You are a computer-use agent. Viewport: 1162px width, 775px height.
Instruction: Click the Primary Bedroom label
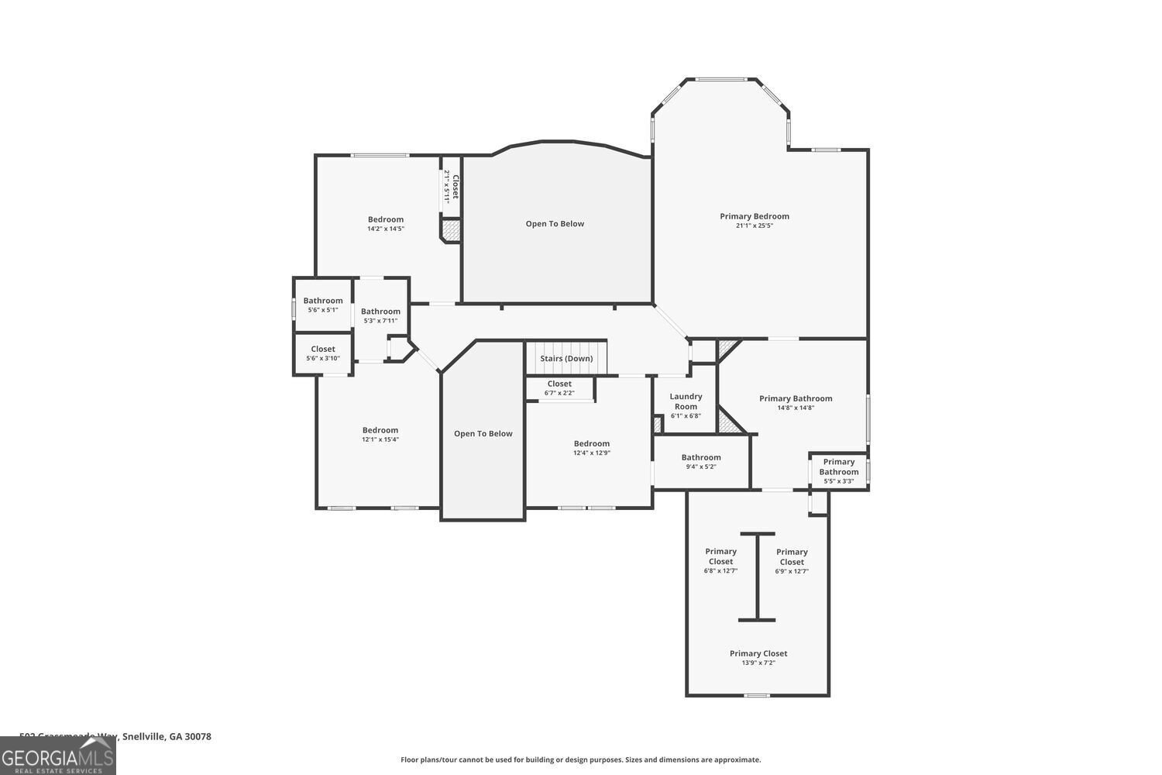click(754, 216)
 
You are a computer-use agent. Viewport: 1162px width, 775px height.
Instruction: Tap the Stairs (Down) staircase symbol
click(566, 358)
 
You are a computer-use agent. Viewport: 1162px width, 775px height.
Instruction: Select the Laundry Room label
click(686, 401)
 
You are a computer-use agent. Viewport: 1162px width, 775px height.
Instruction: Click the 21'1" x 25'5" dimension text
click(754, 226)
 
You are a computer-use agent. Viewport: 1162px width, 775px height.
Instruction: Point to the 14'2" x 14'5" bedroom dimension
click(385, 229)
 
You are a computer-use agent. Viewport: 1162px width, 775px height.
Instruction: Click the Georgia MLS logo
click(57, 756)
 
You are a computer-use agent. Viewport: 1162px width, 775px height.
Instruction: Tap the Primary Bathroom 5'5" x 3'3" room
click(838, 471)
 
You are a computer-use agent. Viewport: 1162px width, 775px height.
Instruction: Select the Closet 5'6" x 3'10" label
click(323, 350)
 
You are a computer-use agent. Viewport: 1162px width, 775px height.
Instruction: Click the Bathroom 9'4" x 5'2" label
click(701, 457)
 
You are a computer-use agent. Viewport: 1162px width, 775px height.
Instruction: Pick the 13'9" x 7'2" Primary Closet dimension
click(758, 663)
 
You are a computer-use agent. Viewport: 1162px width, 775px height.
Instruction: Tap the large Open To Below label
click(555, 224)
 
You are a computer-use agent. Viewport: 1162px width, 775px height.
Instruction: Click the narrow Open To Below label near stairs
click(483, 434)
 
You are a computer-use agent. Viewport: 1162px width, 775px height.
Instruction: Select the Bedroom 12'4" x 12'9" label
click(591, 444)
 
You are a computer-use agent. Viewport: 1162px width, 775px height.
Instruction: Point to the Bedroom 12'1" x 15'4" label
click(380, 430)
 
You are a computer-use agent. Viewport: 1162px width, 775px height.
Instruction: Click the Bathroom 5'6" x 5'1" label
click(323, 301)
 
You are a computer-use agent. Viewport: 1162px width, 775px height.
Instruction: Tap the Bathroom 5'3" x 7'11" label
click(380, 312)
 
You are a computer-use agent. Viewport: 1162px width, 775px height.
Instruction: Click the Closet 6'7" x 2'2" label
click(559, 384)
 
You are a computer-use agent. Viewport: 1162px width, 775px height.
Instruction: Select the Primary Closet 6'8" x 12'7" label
click(720, 556)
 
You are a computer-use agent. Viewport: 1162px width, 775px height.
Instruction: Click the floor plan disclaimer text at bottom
click(580, 759)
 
